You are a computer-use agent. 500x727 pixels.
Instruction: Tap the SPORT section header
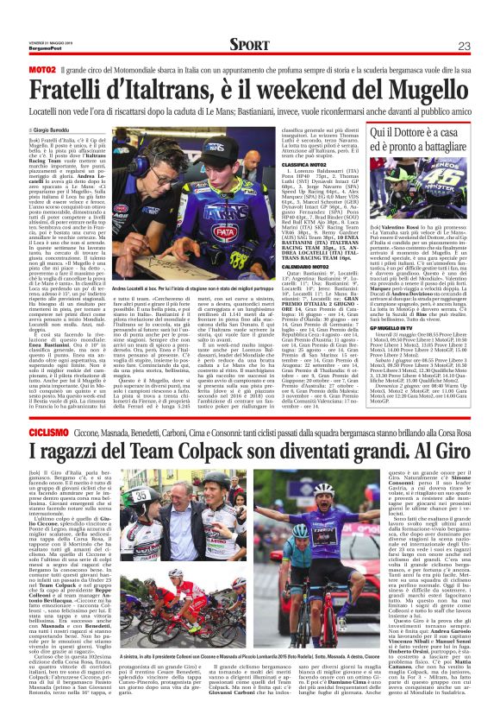click(x=248, y=45)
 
